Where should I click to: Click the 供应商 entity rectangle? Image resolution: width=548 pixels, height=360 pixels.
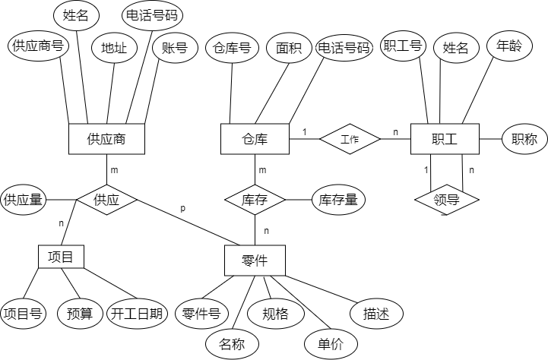106,139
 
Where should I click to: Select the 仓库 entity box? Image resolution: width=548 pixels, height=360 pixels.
255,139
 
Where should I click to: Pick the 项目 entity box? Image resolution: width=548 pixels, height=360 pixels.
60,257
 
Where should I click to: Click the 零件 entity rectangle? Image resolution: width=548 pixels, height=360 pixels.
255,261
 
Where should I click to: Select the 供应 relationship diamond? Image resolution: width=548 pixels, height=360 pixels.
106,201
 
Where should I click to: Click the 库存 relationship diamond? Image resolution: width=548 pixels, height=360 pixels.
255,201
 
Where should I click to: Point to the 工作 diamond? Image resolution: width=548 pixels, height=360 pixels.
349,139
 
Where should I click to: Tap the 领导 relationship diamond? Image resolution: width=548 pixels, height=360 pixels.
446,201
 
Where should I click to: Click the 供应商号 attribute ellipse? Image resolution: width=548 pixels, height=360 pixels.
37,46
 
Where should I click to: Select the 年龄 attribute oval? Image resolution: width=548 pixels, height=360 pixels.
508,46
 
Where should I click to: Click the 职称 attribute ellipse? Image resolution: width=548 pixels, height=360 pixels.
524,139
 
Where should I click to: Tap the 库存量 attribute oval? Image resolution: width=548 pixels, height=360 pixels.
338,200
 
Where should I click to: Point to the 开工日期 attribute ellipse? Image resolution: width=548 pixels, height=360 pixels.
137,313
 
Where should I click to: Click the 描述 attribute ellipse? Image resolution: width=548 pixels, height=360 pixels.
376,313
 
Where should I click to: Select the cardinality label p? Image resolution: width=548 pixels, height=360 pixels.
182,208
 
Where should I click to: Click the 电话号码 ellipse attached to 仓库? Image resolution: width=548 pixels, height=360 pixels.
344,49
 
